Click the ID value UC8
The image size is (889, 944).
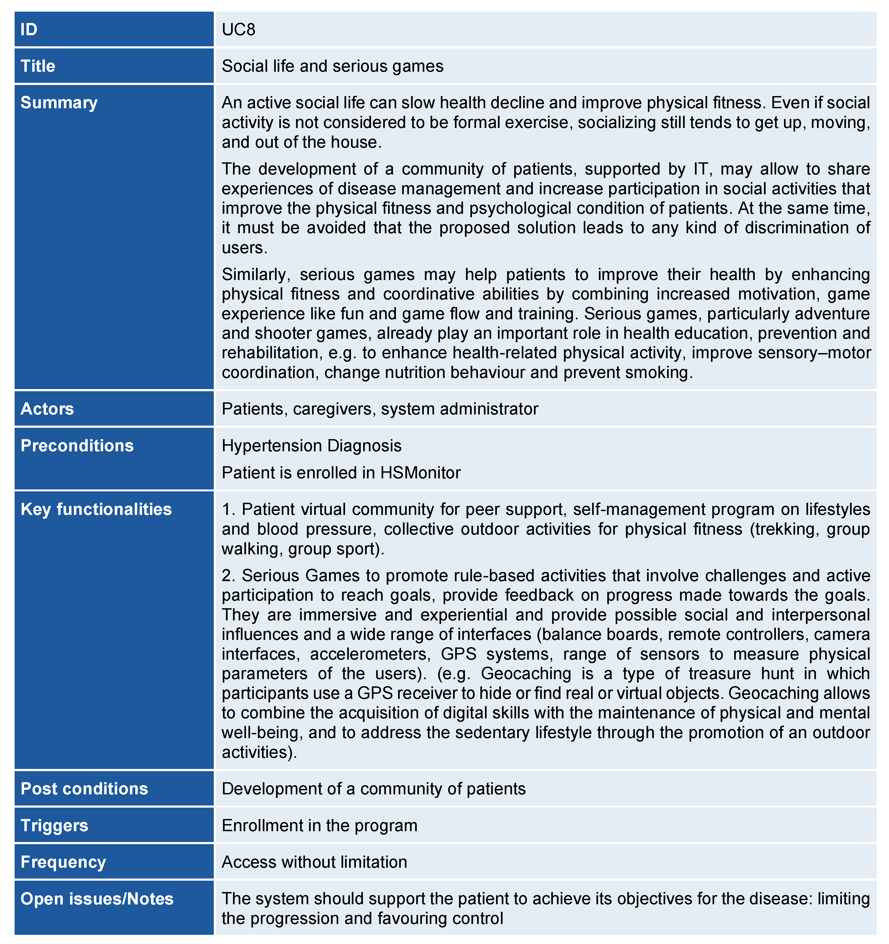[238, 29]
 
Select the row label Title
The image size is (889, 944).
[38, 66]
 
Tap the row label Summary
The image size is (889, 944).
[59, 103]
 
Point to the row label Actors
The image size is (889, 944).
[47, 409]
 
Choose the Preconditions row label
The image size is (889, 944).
[77, 445]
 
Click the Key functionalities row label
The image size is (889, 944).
[96, 509]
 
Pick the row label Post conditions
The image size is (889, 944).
[84, 789]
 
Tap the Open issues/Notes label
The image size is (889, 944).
[97, 899]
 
